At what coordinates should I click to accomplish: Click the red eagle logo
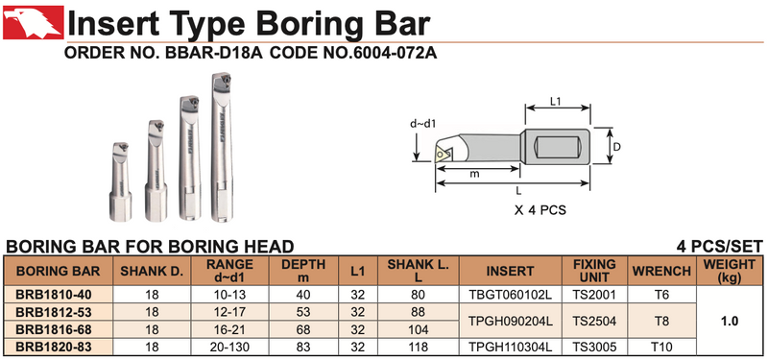coord(34,22)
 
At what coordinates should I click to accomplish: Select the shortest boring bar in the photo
coord(121,181)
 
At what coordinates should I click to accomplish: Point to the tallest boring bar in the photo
coord(222,147)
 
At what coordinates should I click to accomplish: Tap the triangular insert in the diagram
coord(443,153)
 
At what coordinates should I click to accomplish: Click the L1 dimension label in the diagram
coord(556,102)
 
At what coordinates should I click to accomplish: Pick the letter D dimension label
coord(617,147)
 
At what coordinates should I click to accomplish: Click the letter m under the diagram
coord(474,175)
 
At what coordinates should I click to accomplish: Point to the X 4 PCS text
coord(540,210)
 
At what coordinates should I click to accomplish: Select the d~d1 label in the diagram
coord(422,124)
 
